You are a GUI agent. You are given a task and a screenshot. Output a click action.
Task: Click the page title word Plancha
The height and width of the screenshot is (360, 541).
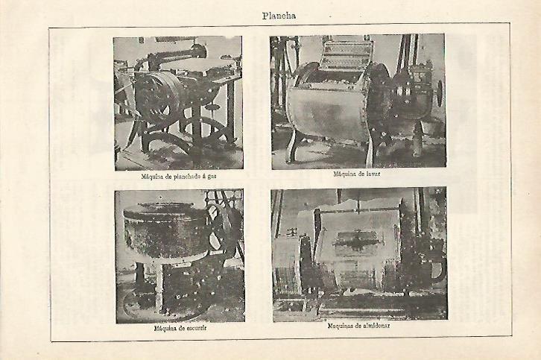[279, 16]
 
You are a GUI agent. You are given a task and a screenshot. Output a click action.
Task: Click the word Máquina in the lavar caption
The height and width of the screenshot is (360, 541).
[344, 174]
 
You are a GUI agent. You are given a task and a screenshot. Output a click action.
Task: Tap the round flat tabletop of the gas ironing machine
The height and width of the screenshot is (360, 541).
[193, 65]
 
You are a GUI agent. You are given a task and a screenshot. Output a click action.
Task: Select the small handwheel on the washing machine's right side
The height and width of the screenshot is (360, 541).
[439, 93]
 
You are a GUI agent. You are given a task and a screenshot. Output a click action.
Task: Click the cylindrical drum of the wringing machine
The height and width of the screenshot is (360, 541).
[165, 231]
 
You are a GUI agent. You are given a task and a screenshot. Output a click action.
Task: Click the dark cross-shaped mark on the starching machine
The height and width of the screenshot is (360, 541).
[356, 241]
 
